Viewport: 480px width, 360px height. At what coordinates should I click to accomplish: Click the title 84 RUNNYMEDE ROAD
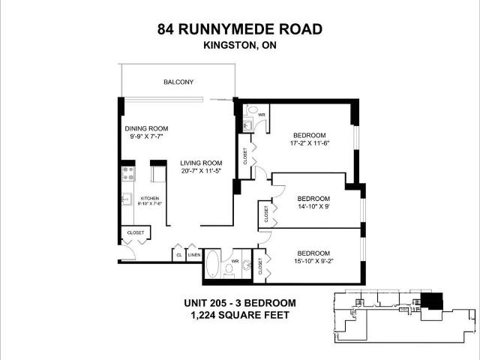click(x=240, y=30)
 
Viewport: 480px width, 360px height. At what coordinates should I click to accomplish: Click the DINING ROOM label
click(x=146, y=127)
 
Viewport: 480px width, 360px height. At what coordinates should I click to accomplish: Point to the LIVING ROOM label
click(x=201, y=163)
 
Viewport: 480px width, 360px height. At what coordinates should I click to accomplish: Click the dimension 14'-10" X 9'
click(x=313, y=205)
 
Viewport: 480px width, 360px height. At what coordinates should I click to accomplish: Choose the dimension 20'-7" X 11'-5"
click(x=201, y=172)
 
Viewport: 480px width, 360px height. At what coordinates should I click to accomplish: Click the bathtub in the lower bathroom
click(x=214, y=262)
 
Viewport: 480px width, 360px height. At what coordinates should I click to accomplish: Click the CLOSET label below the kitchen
click(x=136, y=232)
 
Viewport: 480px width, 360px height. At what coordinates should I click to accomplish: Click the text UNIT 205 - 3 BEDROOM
click(x=240, y=303)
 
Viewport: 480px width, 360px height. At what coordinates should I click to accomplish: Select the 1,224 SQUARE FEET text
click(x=240, y=315)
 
